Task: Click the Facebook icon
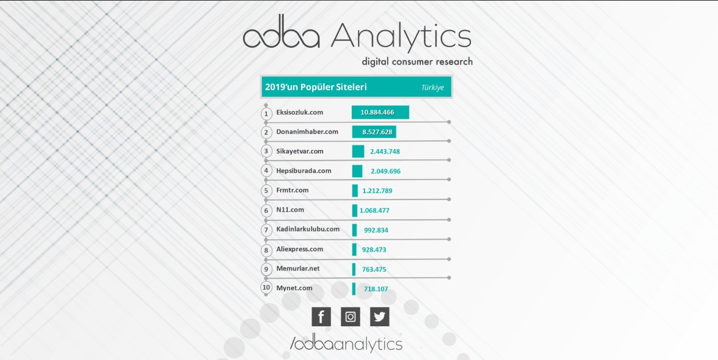321,317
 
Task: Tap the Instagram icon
351,317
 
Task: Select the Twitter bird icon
380,317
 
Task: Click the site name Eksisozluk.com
300,112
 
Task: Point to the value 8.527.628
377,132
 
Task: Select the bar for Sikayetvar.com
358,151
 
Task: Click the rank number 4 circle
266,170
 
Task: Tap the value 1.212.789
377,191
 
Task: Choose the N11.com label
290,209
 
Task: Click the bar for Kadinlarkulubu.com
354,230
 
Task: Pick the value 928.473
374,249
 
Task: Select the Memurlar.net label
298,269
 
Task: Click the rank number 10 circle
266,287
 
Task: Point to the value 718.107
376,289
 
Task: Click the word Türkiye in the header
433,87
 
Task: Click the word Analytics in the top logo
401,36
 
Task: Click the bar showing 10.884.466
380,112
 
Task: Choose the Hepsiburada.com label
304,171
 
